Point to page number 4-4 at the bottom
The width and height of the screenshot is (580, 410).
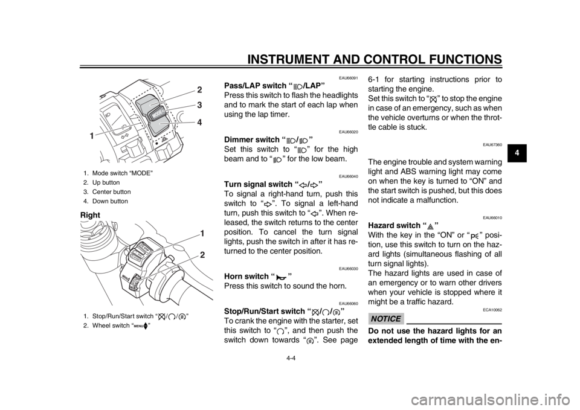coord(289,357)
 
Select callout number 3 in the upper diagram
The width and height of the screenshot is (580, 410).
coord(199,105)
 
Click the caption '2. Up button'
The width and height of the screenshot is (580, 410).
coord(101,182)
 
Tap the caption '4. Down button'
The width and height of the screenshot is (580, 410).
coord(105,202)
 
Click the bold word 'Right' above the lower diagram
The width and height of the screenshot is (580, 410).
coord(89,215)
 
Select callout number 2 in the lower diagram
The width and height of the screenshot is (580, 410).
coord(202,255)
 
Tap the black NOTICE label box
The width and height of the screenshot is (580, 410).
coord(385,319)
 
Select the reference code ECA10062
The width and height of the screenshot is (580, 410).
coord(493,309)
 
